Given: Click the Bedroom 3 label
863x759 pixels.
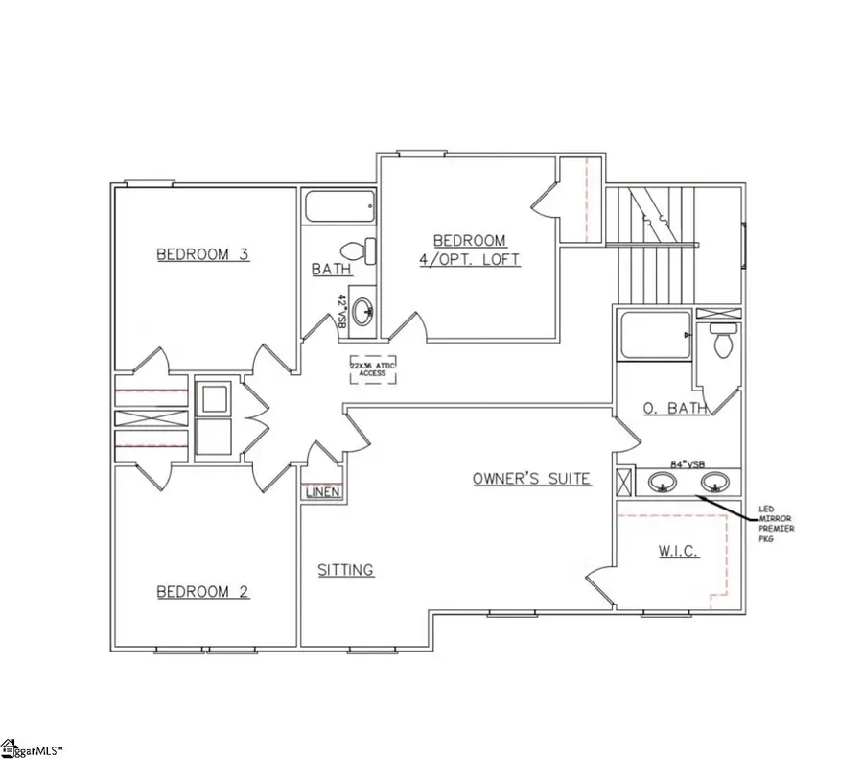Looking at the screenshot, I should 202,254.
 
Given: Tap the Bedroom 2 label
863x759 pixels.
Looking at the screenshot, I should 202,592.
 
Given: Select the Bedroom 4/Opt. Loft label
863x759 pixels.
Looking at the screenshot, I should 470,249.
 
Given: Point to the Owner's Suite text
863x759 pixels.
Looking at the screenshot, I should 531,478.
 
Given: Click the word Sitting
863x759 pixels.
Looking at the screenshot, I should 345,570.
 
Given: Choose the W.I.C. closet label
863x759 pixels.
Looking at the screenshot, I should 677,552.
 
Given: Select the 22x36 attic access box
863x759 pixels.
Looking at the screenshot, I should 372,369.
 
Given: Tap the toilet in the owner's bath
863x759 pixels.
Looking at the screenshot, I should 723,340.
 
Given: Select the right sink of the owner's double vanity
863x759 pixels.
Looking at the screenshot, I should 711,483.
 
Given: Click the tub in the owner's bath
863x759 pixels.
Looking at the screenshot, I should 655,336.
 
